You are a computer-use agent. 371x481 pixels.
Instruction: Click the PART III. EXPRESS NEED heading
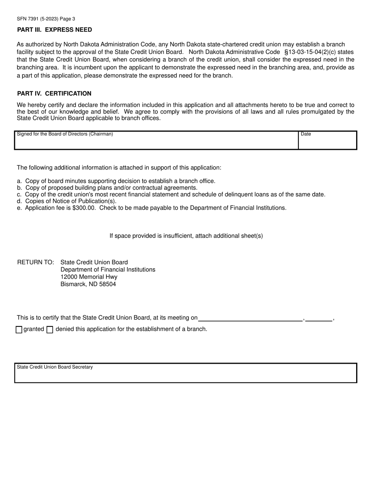[x=55, y=30]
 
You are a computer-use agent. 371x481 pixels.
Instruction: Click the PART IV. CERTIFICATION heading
[x=54, y=93]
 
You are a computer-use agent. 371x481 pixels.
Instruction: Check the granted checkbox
[x=19, y=330]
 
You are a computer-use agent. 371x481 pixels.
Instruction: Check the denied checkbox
[x=50, y=330]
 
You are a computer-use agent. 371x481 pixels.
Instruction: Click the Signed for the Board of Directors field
[x=156, y=142]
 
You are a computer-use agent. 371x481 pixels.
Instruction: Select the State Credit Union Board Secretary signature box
[x=185, y=374]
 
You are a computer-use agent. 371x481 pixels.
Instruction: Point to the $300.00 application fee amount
[x=84, y=208]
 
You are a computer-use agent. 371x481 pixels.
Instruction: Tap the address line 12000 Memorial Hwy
[x=89, y=277]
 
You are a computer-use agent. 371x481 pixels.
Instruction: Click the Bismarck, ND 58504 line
[x=88, y=284]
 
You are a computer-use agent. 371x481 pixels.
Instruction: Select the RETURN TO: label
[x=36, y=262]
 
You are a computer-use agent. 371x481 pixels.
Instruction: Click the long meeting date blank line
[x=250, y=318]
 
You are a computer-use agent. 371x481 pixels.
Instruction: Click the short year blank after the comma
[x=319, y=318]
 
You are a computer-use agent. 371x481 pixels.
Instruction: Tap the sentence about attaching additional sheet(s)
[x=186, y=236]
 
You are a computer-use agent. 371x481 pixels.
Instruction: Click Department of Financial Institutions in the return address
[x=108, y=269]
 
